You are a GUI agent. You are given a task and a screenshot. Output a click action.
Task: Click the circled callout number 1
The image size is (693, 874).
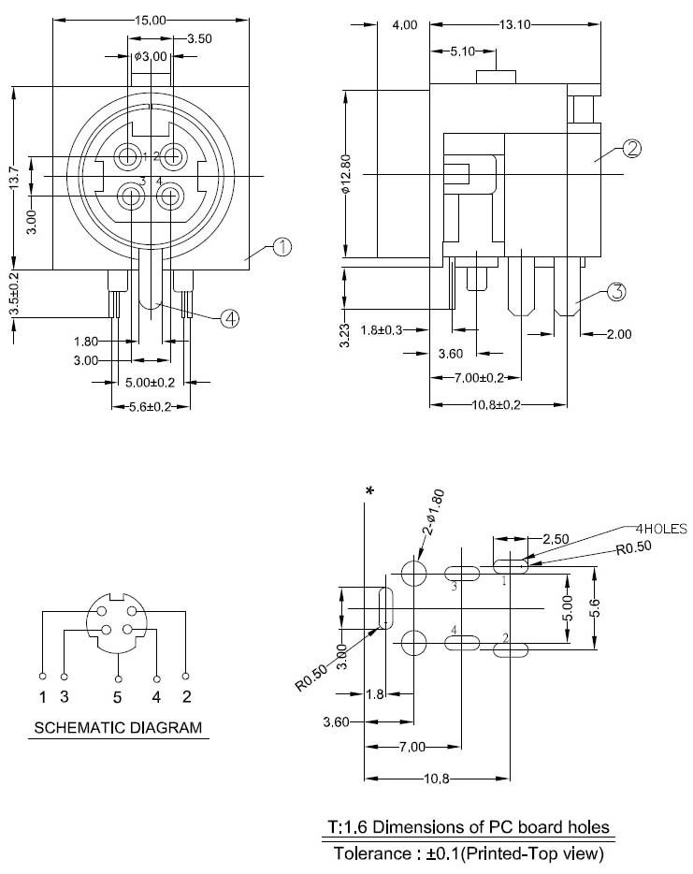click(x=282, y=247)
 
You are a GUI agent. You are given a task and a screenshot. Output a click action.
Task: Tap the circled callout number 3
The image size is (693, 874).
click(x=616, y=292)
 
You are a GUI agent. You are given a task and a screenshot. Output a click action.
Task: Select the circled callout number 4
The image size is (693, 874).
click(x=231, y=319)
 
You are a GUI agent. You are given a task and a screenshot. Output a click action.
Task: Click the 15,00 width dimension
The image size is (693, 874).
click(x=150, y=19)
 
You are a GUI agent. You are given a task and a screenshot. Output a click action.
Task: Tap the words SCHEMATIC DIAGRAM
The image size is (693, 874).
click(x=118, y=727)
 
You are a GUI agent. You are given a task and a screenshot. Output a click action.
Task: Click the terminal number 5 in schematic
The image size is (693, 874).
click(x=118, y=696)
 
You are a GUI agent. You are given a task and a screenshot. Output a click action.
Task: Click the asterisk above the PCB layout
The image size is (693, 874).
click(x=370, y=491)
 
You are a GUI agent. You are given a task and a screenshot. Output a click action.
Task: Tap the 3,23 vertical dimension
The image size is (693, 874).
click(x=344, y=335)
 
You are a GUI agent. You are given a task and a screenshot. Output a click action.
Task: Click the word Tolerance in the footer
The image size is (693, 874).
click(x=373, y=853)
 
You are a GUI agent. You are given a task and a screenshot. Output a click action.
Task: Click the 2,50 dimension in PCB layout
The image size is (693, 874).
click(x=556, y=539)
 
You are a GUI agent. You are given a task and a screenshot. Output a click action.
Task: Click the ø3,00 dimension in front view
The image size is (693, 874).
click(x=150, y=57)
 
